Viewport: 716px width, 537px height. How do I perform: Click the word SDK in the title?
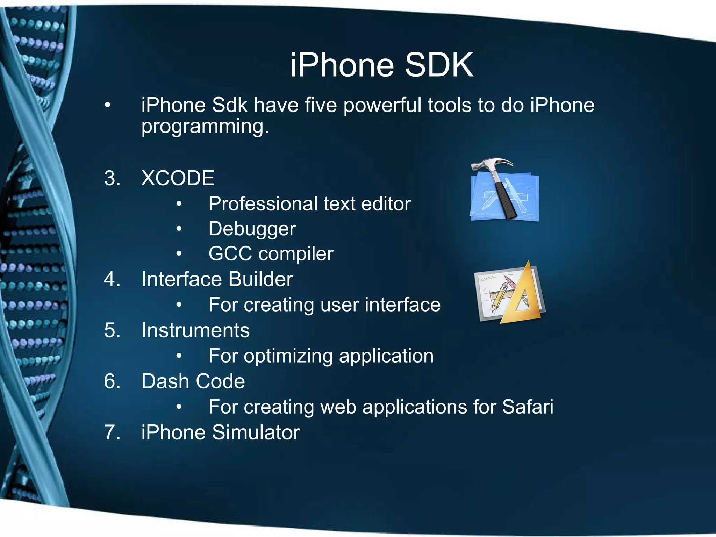pos(439,65)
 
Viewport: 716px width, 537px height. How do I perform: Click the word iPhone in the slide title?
pos(342,65)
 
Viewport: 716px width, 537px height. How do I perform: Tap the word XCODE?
pos(178,178)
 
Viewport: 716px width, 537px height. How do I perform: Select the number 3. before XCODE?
pos(112,178)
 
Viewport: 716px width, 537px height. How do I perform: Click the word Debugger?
pos(252,229)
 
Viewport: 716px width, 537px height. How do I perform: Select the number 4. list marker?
pos(112,279)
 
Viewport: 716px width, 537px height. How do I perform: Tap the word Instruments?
pos(195,330)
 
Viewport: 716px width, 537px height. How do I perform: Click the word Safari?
pos(528,407)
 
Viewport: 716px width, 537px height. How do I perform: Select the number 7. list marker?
pos(112,432)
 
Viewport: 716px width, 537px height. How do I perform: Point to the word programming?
pos(205,127)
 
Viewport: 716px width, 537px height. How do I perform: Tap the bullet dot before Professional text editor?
pos(179,204)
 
